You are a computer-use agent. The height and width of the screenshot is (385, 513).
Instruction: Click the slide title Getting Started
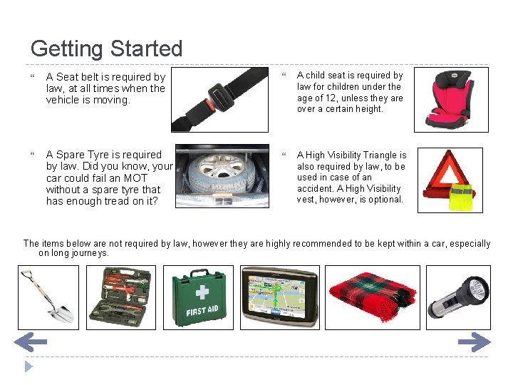tap(107, 48)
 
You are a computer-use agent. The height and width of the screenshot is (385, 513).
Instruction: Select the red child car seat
tap(450, 100)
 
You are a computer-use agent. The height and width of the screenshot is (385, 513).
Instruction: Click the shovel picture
tap(48, 297)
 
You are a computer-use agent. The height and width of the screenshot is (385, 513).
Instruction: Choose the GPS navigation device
tap(280, 297)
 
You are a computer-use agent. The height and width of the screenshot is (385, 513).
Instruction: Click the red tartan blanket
tap(372, 297)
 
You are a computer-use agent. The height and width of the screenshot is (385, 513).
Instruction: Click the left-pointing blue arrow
tap(30, 343)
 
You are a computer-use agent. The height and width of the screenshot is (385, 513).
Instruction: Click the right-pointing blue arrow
tap(474, 343)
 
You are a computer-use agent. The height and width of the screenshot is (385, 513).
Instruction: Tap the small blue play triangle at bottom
tap(28, 366)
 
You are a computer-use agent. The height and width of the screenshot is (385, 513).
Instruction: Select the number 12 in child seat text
tap(330, 98)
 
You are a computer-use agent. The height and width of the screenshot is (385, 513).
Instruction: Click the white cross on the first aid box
tap(202, 292)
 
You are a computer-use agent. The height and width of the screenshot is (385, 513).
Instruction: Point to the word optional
tap(386, 200)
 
